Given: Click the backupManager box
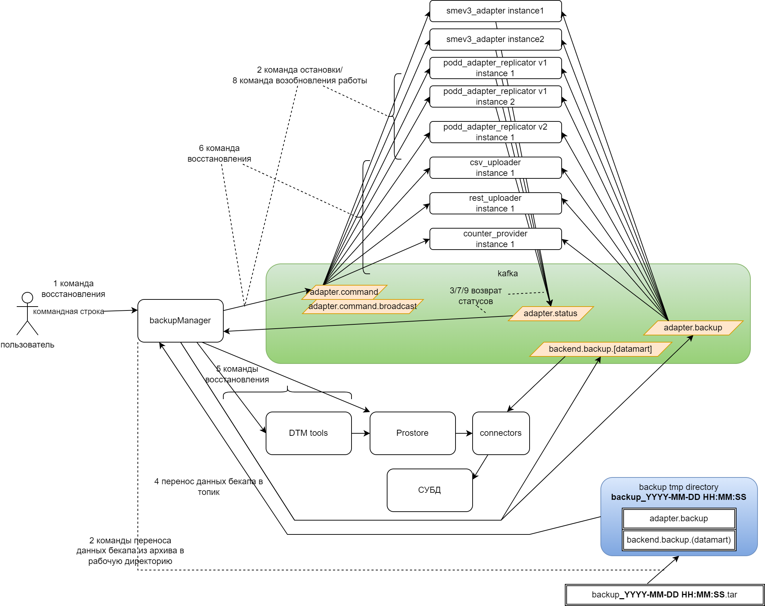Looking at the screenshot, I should coord(180,320).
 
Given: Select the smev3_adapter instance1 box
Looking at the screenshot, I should coord(495,11).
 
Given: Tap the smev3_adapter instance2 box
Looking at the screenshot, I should coord(495,40).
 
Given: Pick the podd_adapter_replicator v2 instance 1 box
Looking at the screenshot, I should coord(495,132).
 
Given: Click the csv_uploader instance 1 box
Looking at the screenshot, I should coord(495,168).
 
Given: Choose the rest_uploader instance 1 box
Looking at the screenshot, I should coord(495,203).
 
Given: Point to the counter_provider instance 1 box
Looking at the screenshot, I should coord(495,239).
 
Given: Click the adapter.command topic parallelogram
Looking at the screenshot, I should coord(344,292).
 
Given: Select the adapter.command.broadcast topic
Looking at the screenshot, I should coord(363,307).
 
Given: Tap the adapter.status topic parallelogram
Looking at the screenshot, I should coord(550,314).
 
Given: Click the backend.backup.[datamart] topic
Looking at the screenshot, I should coord(600,349).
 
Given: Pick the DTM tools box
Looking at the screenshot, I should coord(308,433).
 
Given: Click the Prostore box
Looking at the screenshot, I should coord(412,433).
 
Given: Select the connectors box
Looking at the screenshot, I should coord(501,433).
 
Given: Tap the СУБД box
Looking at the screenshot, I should coord(430,490).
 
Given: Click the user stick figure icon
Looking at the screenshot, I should coord(27,313).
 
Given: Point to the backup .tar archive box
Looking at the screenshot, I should coord(665,595).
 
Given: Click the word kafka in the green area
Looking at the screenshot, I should coord(508,273).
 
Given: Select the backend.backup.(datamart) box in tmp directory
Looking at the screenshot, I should coord(679,540).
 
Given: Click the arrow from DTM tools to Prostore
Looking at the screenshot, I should coord(360,433).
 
